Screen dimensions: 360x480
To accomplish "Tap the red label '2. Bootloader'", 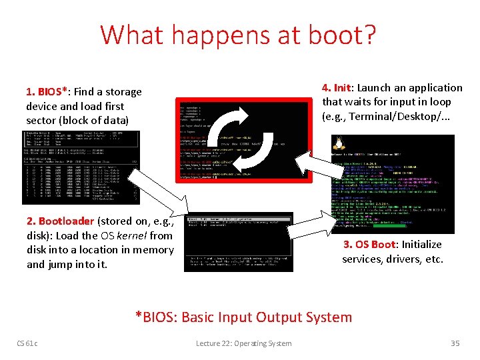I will [61, 221].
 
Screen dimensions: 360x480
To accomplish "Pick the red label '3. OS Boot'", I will [369, 245].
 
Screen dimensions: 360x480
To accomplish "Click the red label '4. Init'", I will [337, 88].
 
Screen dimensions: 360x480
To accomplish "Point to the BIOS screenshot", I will [81, 167].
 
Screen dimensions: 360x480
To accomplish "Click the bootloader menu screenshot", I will [238, 242].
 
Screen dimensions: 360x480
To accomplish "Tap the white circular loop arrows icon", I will [244, 140].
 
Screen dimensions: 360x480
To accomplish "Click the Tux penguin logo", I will [338, 143].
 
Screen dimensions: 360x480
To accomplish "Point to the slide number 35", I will [455, 343].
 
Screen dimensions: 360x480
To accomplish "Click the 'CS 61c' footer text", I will [27, 343].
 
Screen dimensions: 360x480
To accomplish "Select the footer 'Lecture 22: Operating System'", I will [243, 343].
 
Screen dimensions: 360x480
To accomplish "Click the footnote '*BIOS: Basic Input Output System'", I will [243, 317].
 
